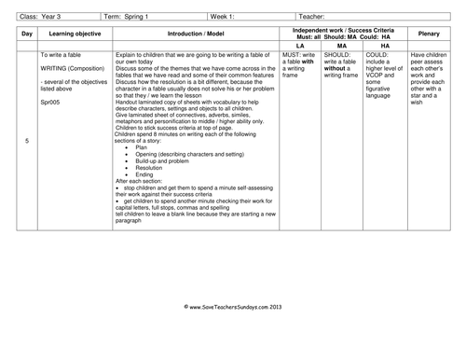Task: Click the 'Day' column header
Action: pos(27,34)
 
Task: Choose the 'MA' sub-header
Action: pos(340,44)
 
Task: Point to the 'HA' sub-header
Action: pos(386,44)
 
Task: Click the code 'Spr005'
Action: pos(52,102)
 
